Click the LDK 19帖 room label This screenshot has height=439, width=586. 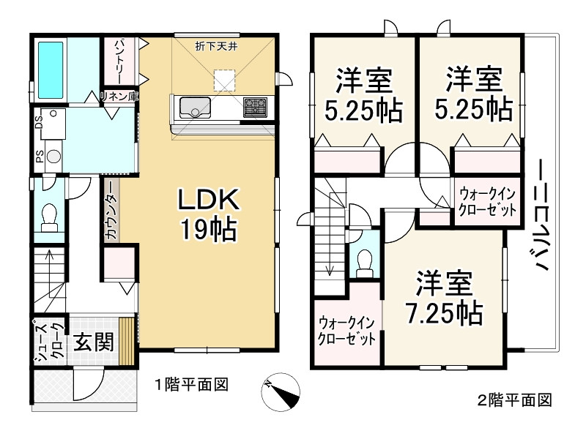pyautogui.click(x=206, y=214)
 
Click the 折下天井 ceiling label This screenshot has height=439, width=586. pyautogui.click(x=220, y=48)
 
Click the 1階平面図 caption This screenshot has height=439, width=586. pyautogui.click(x=192, y=383)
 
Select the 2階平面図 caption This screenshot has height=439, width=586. pyautogui.click(x=513, y=400)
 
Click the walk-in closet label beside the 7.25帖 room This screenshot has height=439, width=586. pyautogui.click(x=347, y=331)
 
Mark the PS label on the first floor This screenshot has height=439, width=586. pyautogui.click(x=39, y=157)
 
